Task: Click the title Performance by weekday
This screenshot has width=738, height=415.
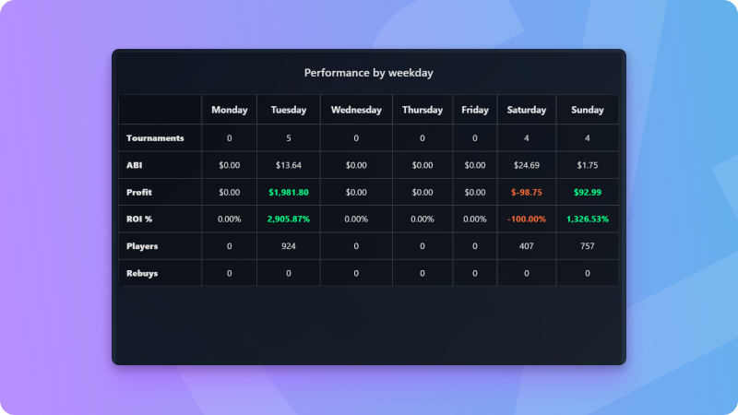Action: point(368,72)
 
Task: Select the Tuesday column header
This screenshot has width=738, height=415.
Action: point(289,110)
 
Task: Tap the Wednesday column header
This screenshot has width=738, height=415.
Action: point(356,110)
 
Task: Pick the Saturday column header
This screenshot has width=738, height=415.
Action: point(526,110)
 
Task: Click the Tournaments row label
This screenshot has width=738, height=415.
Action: point(155,138)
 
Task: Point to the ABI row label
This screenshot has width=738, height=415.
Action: point(135,165)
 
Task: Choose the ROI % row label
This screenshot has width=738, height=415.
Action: point(139,219)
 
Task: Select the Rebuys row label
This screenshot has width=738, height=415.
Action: point(142,273)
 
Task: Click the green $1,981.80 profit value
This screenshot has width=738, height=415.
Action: point(289,192)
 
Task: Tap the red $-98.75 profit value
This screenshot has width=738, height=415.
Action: point(526,192)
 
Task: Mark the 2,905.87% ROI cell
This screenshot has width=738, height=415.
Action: point(289,219)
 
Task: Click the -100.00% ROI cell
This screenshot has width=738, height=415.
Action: point(526,219)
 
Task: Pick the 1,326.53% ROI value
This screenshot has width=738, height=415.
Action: point(588,219)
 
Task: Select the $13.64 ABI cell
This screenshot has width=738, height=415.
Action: point(289,165)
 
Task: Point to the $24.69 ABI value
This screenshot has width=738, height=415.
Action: point(526,165)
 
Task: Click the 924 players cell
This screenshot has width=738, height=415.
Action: point(289,246)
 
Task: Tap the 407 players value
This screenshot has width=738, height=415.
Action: point(526,246)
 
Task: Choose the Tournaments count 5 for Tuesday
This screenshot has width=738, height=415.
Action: point(289,138)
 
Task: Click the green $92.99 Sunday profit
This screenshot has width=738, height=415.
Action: point(588,192)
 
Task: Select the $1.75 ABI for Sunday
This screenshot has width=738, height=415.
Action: point(588,165)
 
